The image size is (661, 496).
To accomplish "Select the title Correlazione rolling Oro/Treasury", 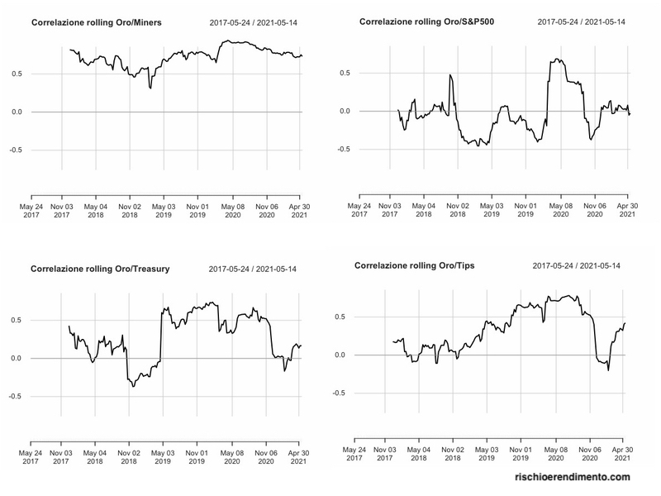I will point(97,269).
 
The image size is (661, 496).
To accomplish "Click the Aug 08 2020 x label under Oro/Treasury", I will point(233,458).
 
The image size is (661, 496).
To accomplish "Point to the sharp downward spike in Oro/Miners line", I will point(150,87).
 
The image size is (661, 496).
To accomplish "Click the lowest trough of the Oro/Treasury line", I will point(133,386).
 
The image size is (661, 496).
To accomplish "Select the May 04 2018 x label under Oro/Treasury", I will point(96,458).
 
